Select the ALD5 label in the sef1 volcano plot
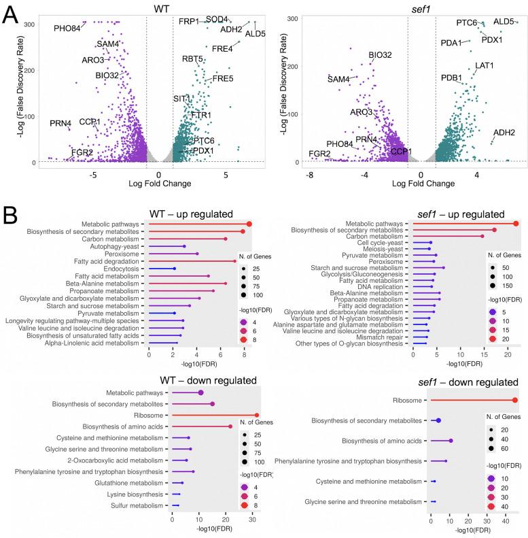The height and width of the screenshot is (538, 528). click(x=504, y=22)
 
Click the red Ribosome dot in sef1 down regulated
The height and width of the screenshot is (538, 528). click(x=515, y=401)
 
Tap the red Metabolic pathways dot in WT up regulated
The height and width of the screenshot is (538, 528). click(x=249, y=224)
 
